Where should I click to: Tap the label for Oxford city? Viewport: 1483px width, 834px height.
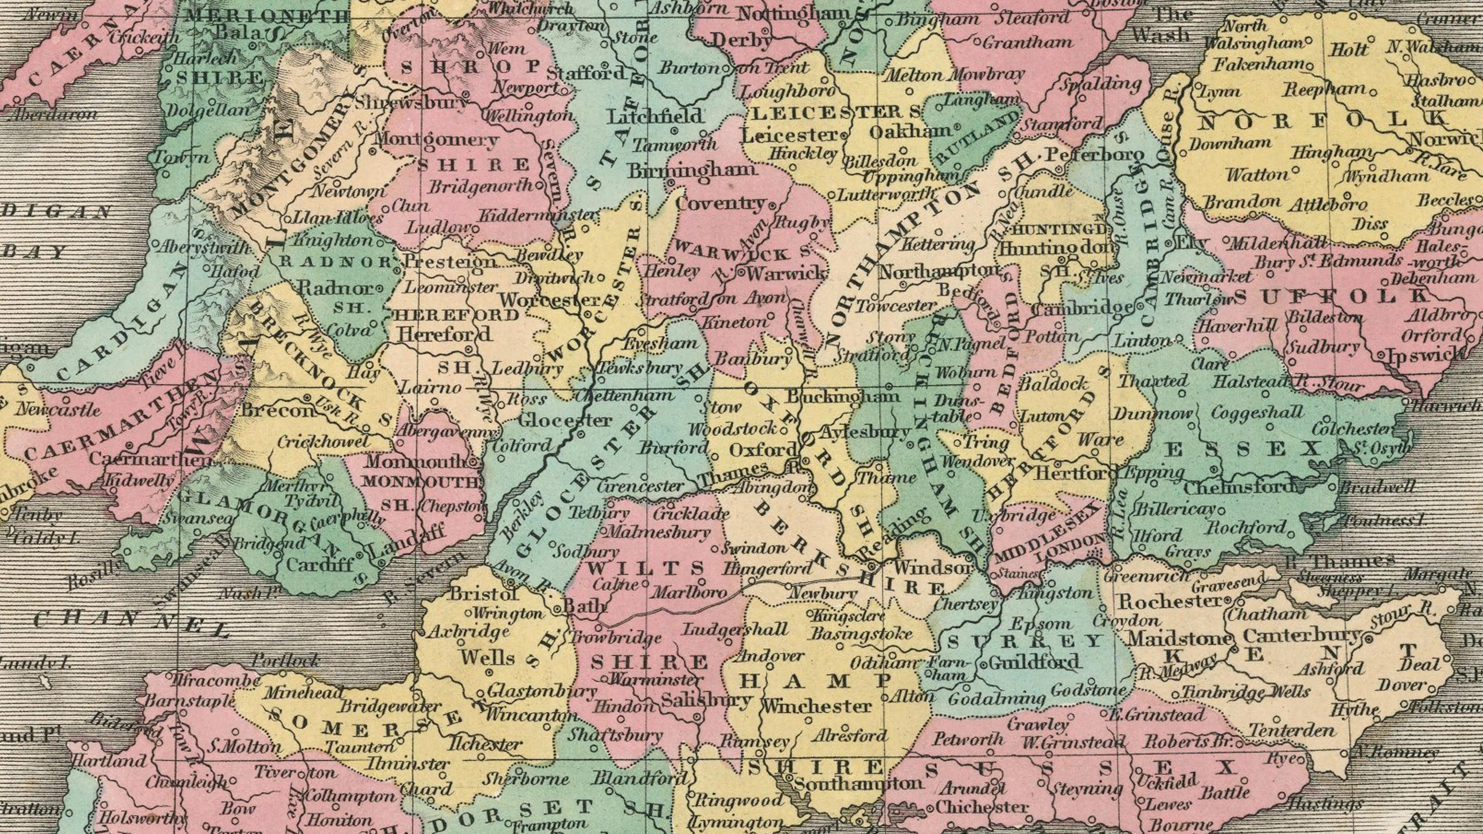coord(763,449)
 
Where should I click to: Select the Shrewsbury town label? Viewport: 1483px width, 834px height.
coord(411,102)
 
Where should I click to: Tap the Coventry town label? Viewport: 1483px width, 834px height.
coord(720,202)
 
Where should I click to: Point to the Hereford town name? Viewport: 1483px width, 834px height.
coord(445,334)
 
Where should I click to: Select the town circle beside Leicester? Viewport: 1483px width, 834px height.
coord(844,136)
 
